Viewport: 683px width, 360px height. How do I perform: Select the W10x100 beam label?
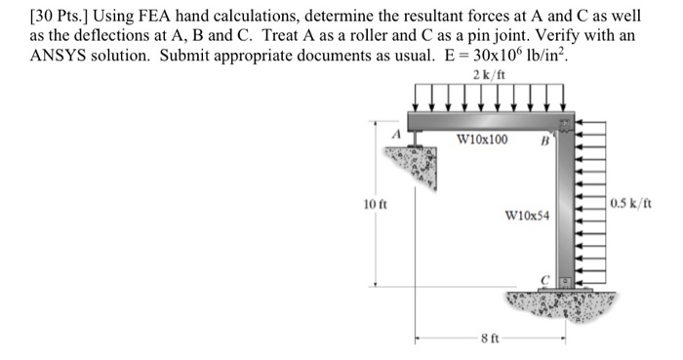[481, 140]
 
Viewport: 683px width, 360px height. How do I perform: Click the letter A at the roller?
[398, 133]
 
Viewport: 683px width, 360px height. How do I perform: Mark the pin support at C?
[563, 282]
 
